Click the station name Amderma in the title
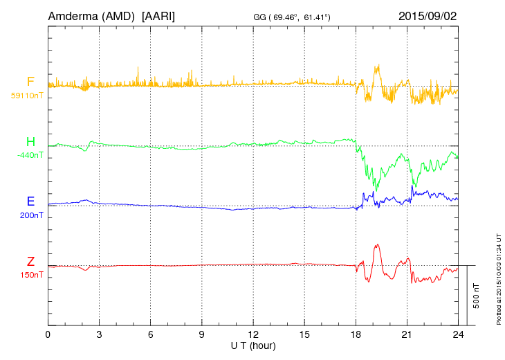[72, 15]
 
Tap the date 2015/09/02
[427, 15]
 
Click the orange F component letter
[30, 82]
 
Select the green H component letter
[30, 143]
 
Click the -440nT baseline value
[29, 155]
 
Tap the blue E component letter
[30, 202]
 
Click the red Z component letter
[30, 262]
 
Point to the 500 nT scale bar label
[476, 296]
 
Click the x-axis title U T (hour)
[252, 345]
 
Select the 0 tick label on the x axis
[48, 335]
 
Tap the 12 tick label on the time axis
[253, 335]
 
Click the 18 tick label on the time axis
[356, 335]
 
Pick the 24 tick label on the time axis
[458, 335]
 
